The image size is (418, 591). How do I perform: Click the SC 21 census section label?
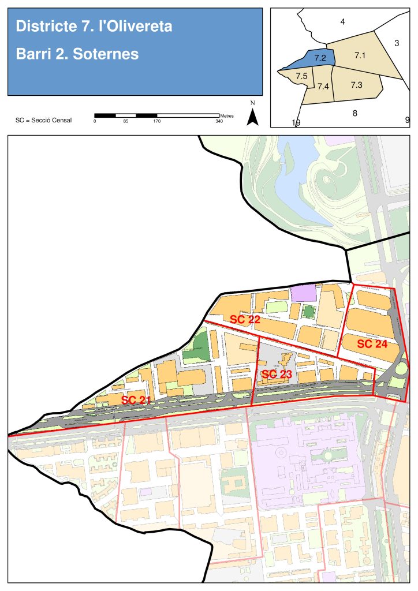[136, 399]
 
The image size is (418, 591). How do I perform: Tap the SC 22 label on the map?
[245, 319]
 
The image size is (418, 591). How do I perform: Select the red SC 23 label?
[277, 374]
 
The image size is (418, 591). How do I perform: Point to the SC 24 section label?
[372, 344]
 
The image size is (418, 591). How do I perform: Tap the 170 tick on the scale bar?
[156, 121]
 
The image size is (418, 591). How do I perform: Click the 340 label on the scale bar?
[219, 121]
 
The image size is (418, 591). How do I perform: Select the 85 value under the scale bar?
[125, 121]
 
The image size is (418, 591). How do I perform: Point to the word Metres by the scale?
[226, 116]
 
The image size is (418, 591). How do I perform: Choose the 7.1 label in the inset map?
[360, 55]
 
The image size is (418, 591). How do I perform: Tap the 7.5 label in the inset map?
[301, 76]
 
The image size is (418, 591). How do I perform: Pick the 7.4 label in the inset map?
[323, 87]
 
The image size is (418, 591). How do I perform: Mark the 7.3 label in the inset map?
[356, 85]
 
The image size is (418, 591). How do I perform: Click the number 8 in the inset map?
[354, 113]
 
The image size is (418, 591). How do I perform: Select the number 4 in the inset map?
[342, 22]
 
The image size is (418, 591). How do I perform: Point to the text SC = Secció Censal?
[44, 121]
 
